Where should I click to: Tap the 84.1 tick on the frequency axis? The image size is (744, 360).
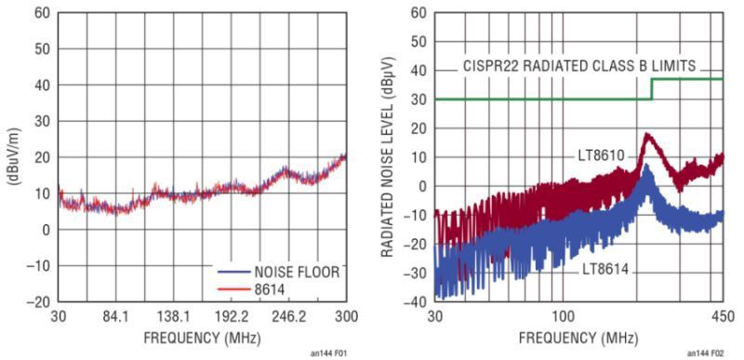[116, 316]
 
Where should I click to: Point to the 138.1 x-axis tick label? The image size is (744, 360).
[174, 316]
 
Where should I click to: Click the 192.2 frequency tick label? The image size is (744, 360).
[231, 316]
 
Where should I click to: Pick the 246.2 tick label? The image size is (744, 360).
[288, 316]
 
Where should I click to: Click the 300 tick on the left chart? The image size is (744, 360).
[345, 316]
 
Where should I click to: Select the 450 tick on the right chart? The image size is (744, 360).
[723, 316]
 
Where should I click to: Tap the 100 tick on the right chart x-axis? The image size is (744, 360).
[562, 316]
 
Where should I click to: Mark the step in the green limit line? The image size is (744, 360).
[651, 88]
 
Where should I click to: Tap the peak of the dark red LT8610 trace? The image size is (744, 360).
[647, 135]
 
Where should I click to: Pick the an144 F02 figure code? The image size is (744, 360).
[706, 353]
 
